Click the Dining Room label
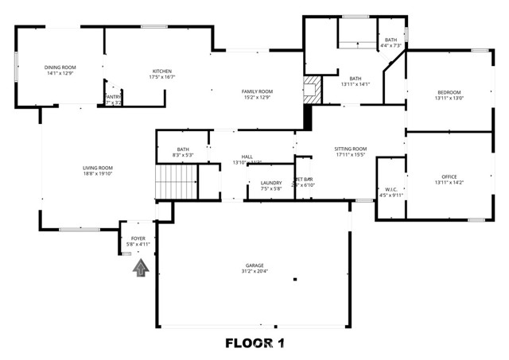59,68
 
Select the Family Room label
257,91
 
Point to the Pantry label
112,96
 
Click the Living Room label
98,168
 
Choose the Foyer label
138,238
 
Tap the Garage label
254,265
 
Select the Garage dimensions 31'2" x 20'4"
254,272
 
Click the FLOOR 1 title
254,343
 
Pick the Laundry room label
271,183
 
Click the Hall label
247,157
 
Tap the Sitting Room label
350,149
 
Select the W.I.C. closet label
390,188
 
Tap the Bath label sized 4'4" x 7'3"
390,40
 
